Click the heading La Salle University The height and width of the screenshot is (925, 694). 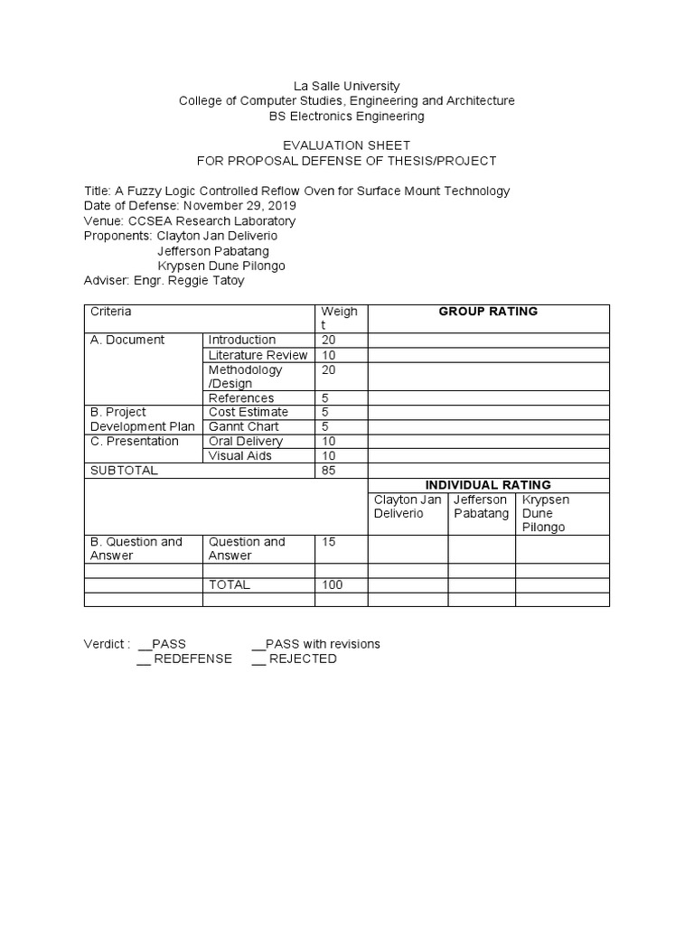(347, 86)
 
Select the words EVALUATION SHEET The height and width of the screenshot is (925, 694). (347, 145)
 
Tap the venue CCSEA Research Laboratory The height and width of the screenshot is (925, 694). (211, 220)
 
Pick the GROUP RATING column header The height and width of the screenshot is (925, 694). (488, 312)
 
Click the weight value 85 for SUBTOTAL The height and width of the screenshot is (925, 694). (329, 471)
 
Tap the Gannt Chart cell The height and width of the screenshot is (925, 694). (243, 426)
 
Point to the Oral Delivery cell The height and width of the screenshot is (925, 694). (245, 441)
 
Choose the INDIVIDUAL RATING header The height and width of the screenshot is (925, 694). (488, 485)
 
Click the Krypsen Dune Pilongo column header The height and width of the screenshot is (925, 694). (546, 513)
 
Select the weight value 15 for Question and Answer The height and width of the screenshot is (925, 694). (329, 542)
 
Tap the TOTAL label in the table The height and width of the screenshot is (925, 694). (229, 584)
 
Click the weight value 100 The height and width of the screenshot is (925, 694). (333, 584)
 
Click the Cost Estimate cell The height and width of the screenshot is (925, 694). (249, 412)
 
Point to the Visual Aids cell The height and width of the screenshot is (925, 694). (239, 455)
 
